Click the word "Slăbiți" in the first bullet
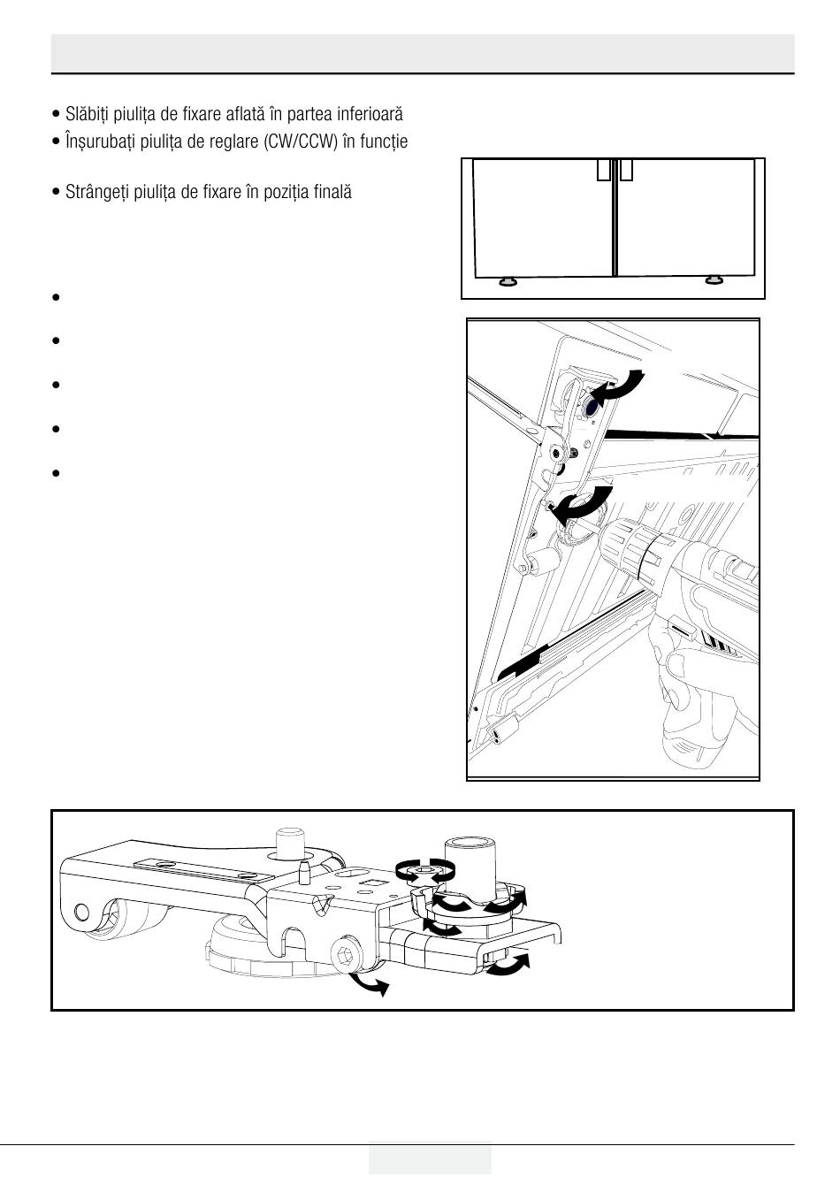[x=86, y=114]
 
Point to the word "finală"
[x=332, y=192]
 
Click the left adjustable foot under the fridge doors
[x=508, y=281]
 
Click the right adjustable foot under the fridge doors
[x=713, y=281]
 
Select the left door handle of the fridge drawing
[x=604, y=170]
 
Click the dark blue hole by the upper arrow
[x=588, y=406]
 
